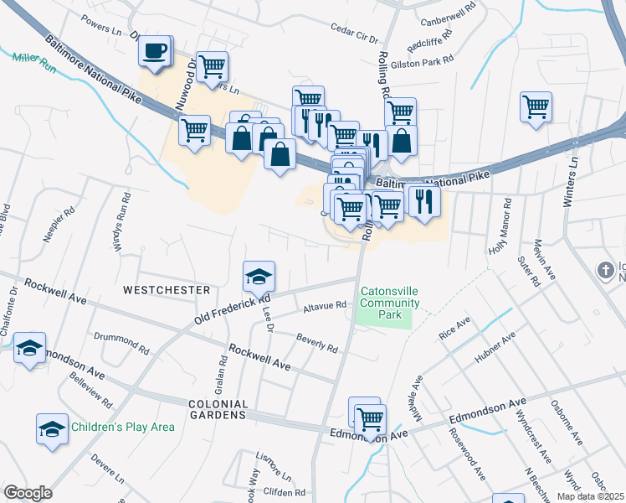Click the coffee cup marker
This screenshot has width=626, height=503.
tap(155, 50)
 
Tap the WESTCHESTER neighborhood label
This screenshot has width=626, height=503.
tap(167, 290)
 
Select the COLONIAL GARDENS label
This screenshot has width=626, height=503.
tap(205, 408)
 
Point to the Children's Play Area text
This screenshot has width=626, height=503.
tap(122, 427)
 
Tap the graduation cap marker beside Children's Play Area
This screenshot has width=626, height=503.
tap(52, 428)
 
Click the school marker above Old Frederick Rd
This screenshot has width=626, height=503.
tap(259, 276)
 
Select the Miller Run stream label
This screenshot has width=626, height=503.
tap(33, 61)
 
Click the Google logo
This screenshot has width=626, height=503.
tap(28, 492)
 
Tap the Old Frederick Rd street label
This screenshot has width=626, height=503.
tap(232, 309)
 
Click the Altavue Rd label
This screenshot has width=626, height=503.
tap(325, 306)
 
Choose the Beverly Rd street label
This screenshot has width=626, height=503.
tap(316, 342)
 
